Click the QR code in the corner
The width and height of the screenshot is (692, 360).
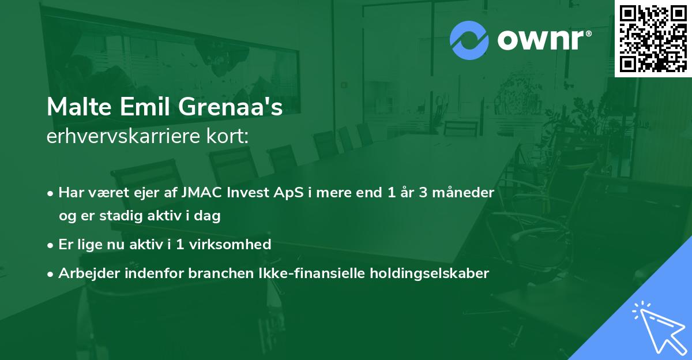click(x=653, y=39)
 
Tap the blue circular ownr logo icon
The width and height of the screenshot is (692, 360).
click(x=469, y=40)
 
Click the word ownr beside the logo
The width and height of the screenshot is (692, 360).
click(x=544, y=40)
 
